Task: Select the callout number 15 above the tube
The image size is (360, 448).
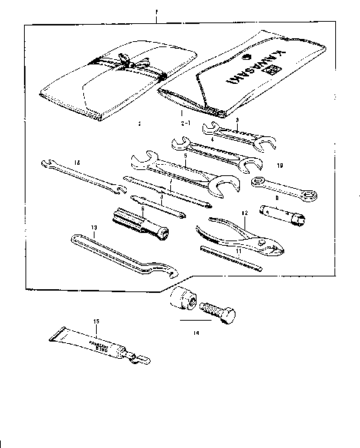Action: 96,322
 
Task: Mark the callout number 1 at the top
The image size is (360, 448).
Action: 155,10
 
